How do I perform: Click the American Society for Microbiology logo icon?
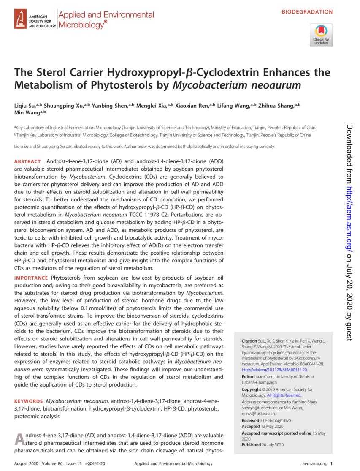pos(20,20)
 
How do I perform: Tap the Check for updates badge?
pos(321,35)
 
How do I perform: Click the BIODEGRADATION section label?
pos(307,12)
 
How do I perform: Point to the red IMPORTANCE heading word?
pos(31,278)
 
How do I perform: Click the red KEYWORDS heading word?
pos(29,401)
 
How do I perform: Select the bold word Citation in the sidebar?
pos(249,340)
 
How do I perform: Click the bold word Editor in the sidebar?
pos(248,376)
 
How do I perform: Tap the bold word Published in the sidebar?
pos(251,445)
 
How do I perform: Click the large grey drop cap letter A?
pos(20,439)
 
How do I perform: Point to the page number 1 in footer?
pos(331,463)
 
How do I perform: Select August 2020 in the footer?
pos(26,463)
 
